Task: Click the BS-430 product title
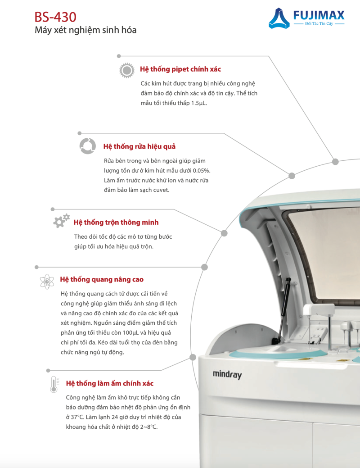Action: (55, 17)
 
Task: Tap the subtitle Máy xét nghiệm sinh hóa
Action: (85, 30)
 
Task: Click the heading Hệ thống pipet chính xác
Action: (180, 69)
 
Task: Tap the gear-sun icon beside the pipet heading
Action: (126, 70)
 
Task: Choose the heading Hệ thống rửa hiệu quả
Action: (139, 146)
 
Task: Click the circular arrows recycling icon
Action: (88, 146)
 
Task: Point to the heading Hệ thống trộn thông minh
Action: (116, 223)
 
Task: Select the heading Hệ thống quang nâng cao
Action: (102, 279)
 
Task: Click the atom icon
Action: (47, 282)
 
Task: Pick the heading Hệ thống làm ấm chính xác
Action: (109, 383)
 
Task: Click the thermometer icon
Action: (54, 384)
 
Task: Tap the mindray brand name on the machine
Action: (227, 374)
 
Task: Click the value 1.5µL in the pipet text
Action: (199, 103)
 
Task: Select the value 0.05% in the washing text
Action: (201, 171)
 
